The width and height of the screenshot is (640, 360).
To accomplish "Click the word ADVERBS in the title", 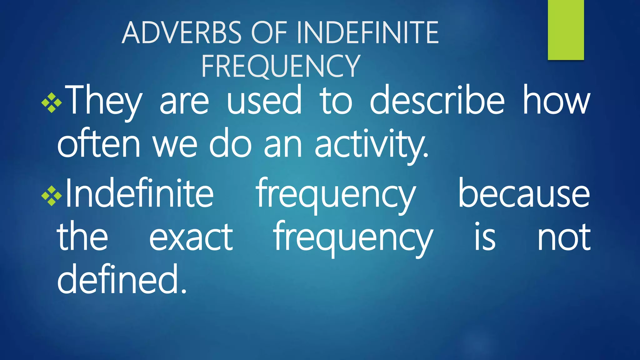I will tap(182, 32).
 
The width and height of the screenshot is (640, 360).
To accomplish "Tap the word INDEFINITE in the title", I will tap(368, 32).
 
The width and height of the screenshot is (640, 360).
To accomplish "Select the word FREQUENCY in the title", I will tap(281, 66).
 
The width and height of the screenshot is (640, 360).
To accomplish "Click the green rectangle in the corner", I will tap(566, 30).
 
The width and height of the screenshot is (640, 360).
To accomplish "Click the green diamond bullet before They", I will tap(52, 103).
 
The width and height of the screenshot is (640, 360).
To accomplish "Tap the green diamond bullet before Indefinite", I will tap(52, 196).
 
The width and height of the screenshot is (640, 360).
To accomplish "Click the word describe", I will tap(437, 101).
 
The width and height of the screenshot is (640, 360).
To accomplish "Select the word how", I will tap(557, 101).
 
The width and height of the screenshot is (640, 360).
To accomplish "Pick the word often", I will tap(98, 144).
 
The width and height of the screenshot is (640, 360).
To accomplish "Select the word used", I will tap(264, 101).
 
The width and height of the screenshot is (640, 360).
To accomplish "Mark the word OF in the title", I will tap(269, 32).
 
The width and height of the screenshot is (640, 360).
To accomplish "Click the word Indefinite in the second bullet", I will tap(139, 193).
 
